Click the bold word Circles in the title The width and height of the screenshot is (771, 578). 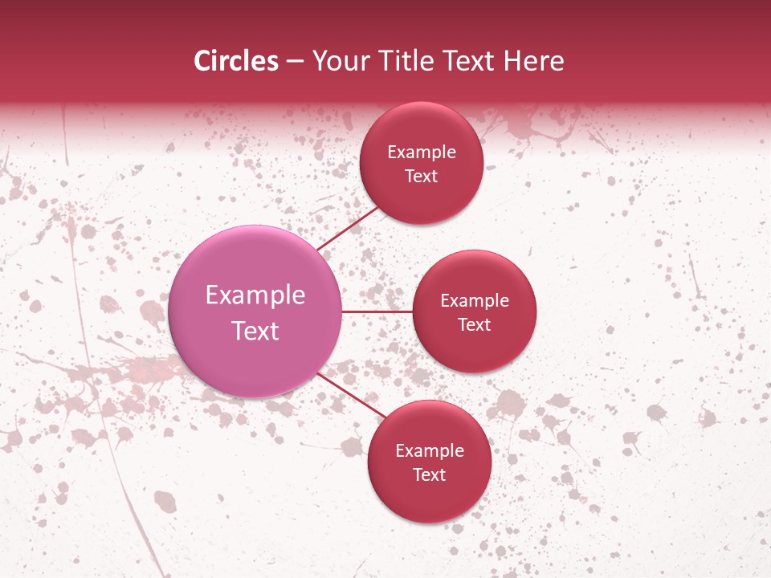pos(235,61)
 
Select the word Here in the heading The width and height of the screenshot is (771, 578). pos(534,61)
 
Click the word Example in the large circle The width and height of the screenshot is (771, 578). pos(255,295)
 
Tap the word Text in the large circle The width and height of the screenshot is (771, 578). pos(255,331)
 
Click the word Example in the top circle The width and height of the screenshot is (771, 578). pos(421,153)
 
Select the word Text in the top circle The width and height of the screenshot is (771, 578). pos(421,177)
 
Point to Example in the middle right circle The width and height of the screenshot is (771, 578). pos(474,301)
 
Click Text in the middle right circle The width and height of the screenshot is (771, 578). pos(474,325)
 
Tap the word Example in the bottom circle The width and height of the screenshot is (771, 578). pos(429,451)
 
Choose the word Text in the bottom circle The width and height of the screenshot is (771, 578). pos(429,475)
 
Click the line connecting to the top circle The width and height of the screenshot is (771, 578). pos(349,229)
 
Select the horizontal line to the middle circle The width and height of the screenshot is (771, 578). pos(377,311)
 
